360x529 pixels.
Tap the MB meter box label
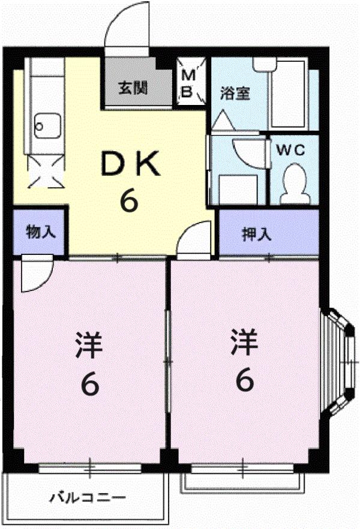pos(187,84)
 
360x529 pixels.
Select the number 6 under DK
pos(129,201)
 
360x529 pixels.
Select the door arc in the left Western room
pos(38,275)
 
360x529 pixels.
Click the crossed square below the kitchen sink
pos(45,170)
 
